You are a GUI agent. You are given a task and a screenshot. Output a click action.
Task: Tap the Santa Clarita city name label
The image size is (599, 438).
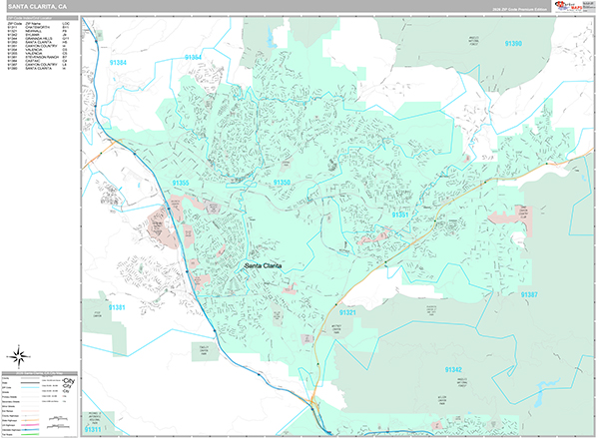(267, 265)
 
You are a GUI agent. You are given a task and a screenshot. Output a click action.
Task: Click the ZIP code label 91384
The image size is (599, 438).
(119, 63)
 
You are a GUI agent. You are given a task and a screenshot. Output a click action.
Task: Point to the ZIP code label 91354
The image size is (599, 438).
(194, 59)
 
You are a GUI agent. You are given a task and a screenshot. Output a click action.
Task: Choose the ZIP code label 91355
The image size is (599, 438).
(181, 184)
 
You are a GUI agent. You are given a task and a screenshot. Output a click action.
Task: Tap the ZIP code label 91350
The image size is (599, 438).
(282, 184)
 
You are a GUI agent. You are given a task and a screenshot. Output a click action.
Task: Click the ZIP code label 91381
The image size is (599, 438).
(118, 307)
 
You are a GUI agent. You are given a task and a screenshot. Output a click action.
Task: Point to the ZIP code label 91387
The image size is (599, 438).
(528, 294)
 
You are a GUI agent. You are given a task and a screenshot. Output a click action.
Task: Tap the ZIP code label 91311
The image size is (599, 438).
(93, 429)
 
